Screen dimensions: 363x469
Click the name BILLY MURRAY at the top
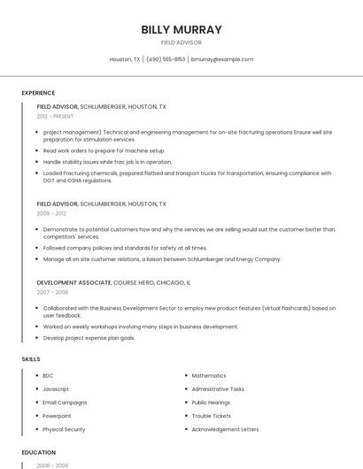click(x=181, y=29)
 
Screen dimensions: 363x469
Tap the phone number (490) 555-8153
click(x=166, y=59)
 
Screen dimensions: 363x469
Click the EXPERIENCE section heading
click(x=38, y=93)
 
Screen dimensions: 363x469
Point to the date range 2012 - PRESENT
click(x=55, y=116)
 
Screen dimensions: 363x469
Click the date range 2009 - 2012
click(x=51, y=213)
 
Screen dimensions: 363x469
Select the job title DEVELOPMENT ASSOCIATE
click(x=74, y=281)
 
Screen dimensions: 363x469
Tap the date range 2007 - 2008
click(x=51, y=291)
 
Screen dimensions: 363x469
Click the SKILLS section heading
click(x=30, y=359)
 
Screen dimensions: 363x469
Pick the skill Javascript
click(x=56, y=388)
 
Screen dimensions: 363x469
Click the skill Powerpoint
click(x=57, y=416)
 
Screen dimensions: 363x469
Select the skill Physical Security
click(x=64, y=429)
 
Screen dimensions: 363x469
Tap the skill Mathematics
click(x=209, y=375)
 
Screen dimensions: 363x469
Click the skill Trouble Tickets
click(x=212, y=416)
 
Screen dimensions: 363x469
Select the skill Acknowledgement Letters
click(x=226, y=429)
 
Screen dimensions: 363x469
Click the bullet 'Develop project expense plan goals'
click(x=89, y=337)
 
